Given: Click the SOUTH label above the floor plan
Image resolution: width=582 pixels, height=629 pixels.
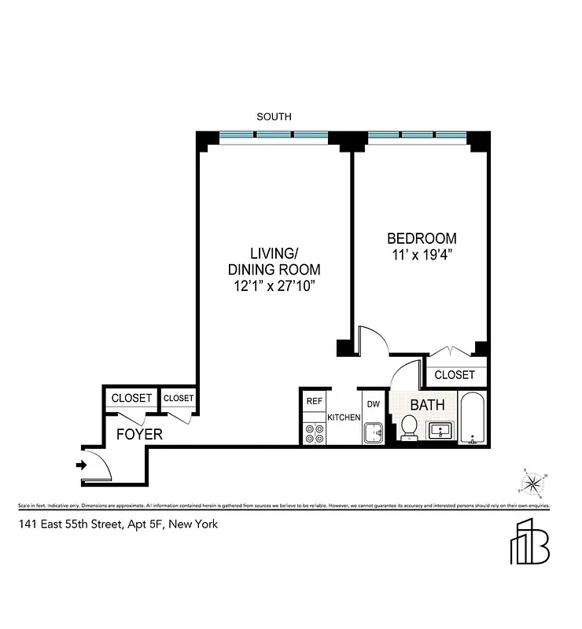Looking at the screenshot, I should click(x=274, y=116).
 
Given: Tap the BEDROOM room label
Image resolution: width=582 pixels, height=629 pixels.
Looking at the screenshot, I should click(x=421, y=238).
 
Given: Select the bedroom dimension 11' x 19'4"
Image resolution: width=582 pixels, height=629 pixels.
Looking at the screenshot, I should click(x=421, y=255).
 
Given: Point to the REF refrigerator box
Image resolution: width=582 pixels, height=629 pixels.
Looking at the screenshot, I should click(x=315, y=401).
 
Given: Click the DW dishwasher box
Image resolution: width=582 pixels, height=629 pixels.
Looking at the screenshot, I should click(x=374, y=404).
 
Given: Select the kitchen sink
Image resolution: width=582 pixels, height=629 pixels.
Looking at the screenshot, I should click(x=373, y=432).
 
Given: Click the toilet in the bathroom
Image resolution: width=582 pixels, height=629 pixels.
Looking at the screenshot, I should click(x=409, y=428).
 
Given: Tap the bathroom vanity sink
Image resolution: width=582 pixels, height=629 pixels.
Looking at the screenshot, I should click(x=440, y=429).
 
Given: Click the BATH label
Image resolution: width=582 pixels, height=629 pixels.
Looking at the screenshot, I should click(x=427, y=405).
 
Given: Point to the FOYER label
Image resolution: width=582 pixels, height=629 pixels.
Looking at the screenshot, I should click(x=139, y=434).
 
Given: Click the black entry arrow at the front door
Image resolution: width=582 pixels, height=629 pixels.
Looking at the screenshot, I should click(x=80, y=465).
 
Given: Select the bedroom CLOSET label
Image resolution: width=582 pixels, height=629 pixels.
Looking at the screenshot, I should click(x=455, y=375).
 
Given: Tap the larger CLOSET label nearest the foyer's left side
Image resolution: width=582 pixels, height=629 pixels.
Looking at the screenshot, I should click(x=131, y=399).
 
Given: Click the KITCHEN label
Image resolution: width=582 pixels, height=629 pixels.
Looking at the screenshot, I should click(x=344, y=417).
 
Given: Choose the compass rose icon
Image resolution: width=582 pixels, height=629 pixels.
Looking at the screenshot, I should click(x=533, y=483).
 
